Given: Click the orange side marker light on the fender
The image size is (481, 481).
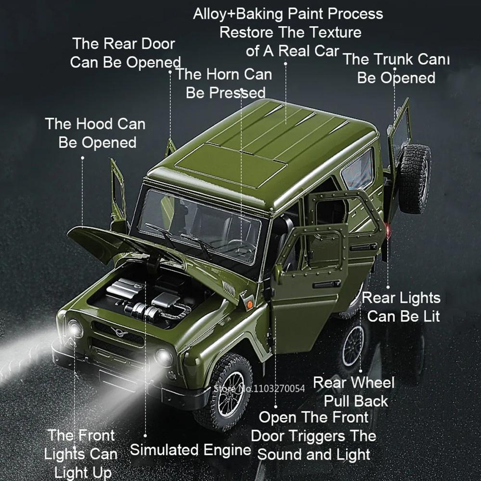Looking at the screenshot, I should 249,304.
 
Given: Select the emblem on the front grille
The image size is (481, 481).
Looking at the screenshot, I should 117,331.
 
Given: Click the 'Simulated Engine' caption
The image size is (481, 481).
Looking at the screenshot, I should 190,450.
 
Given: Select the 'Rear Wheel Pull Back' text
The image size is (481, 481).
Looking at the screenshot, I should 354,392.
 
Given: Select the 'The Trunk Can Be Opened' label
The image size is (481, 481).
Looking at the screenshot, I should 396,68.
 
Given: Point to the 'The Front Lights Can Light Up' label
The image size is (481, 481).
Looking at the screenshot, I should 81,454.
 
